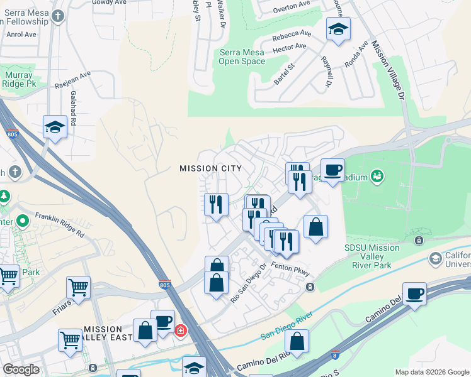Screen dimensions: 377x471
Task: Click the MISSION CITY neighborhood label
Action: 210,168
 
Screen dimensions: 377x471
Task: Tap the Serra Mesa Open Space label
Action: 242,57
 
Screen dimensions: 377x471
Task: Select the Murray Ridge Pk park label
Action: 17,80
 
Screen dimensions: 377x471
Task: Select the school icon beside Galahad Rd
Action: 55,127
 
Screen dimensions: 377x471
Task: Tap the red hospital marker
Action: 180,330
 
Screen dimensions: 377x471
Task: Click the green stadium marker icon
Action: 377,175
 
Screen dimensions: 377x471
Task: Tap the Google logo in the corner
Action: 20,369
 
